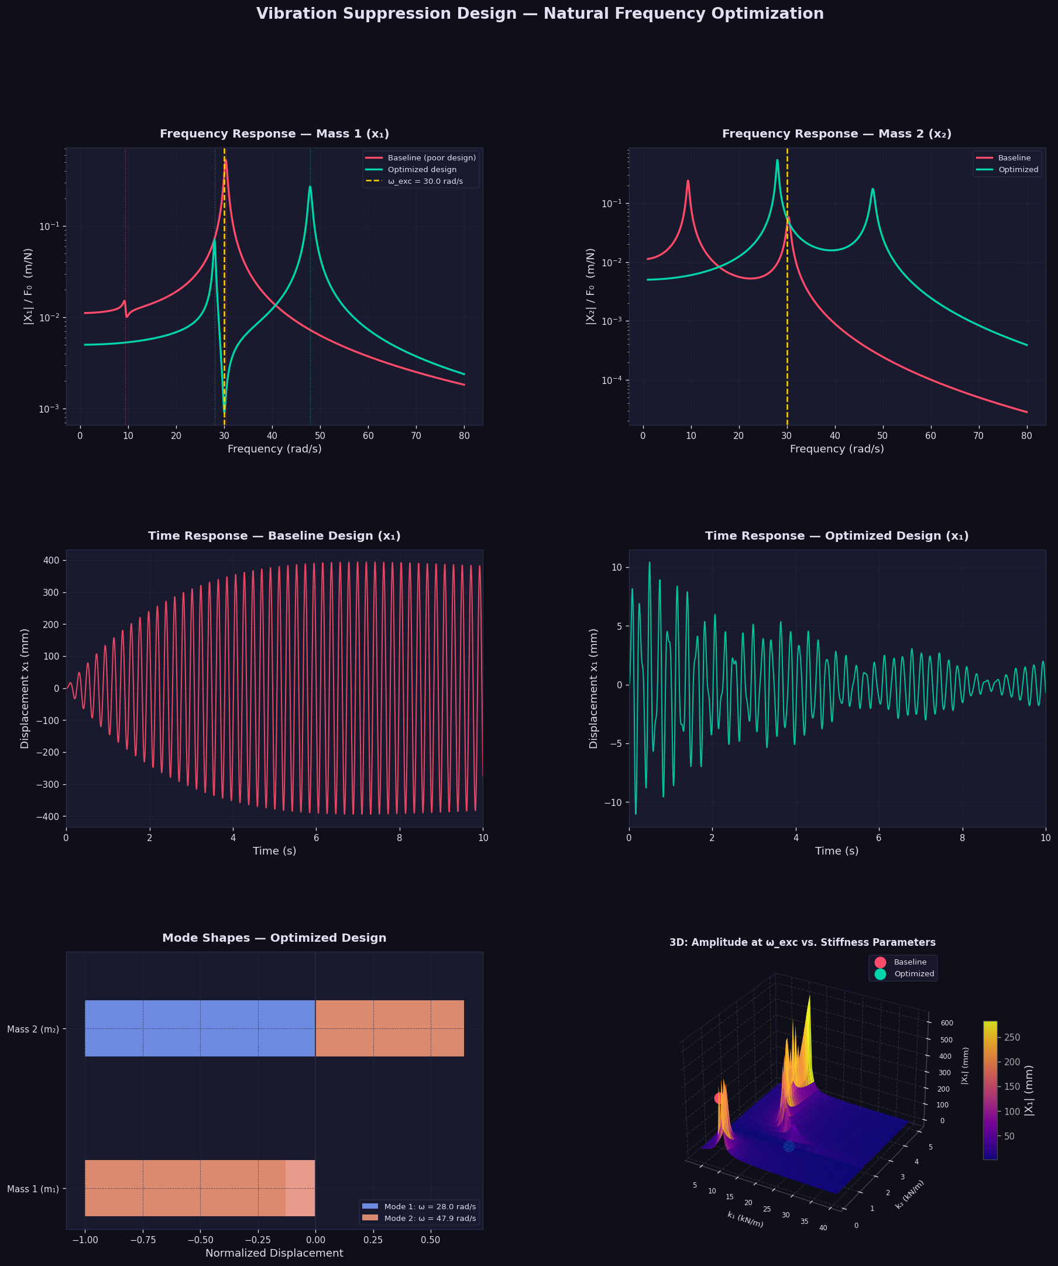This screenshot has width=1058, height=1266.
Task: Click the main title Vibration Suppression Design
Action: pyautogui.click(x=540, y=14)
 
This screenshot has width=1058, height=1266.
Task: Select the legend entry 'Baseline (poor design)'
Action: pyautogui.click(x=432, y=158)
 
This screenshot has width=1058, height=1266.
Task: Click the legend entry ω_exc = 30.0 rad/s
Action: pyautogui.click(x=425, y=181)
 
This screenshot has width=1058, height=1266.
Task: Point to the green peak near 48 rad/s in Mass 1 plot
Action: pyautogui.click(x=310, y=187)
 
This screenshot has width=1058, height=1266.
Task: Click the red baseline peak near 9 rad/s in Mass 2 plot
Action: pyautogui.click(x=688, y=181)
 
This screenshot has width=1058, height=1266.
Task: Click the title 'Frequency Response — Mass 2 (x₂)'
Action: pyautogui.click(x=836, y=134)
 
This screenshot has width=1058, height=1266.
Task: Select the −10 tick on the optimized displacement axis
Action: pyautogui.click(x=613, y=802)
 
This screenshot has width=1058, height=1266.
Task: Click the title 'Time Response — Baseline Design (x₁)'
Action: pyautogui.click(x=274, y=536)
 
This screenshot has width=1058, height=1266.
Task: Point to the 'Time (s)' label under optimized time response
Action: pyautogui.click(x=836, y=851)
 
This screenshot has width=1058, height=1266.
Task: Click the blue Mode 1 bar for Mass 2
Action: pyautogui.click(x=200, y=1028)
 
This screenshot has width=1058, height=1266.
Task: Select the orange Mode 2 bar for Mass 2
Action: pyautogui.click(x=390, y=1028)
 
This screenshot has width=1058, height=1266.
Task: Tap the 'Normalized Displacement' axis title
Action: pyautogui.click(x=274, y=1253)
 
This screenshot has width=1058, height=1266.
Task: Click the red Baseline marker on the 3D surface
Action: pyautogui.click(x=719, y=1099)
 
